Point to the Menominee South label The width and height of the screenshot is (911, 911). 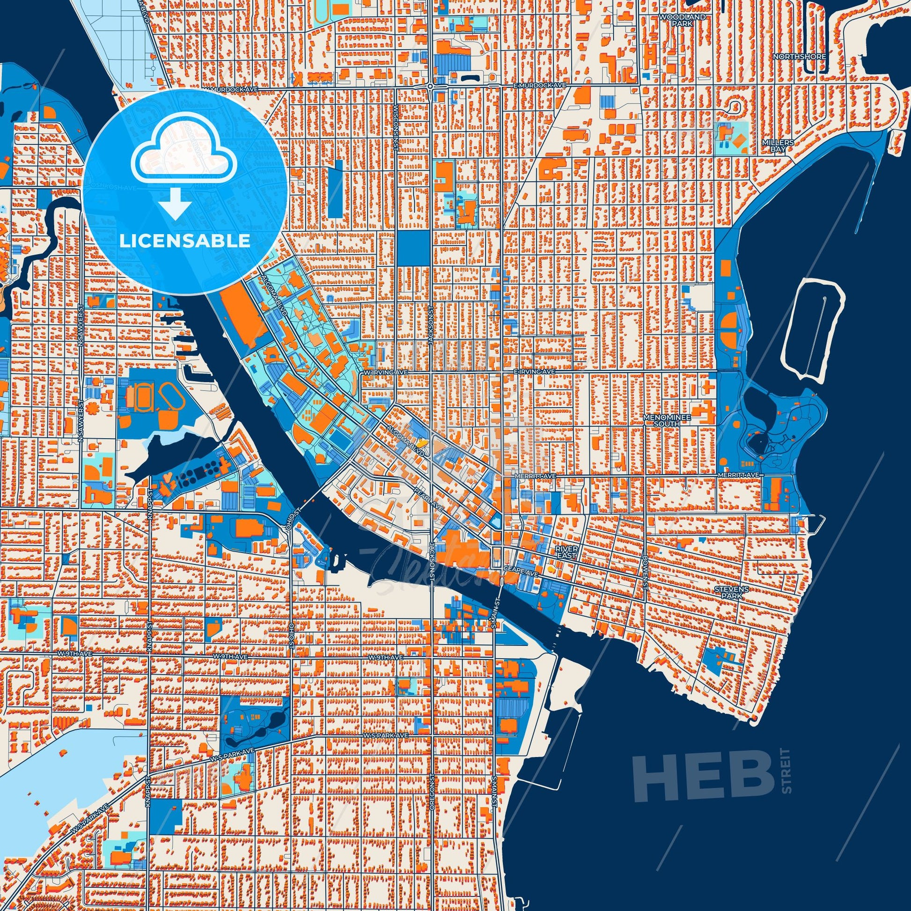click(x=662, y=420)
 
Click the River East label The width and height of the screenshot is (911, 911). click(x=566, y=552)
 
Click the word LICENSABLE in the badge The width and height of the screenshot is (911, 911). click(x=184, y=241)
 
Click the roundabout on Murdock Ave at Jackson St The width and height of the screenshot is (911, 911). click(x=431, y=87)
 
